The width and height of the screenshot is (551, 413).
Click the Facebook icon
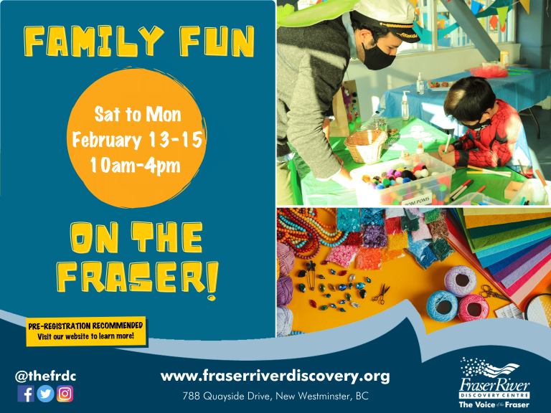click(26, 394)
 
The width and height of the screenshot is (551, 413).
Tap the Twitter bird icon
click(45, 394)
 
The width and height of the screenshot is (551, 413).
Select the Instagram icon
click(65, 394)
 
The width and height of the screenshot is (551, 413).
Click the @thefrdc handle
click(46, 376)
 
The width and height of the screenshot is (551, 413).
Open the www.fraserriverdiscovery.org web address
click(275, 376)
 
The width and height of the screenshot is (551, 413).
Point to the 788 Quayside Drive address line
click(275, 396)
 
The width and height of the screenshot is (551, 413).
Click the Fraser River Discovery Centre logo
click(494, 383)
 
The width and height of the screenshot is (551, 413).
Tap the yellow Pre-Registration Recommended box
click(86, 331)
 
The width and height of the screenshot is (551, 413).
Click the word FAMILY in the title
click(94, 42)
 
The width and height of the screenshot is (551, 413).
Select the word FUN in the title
click(217, 42)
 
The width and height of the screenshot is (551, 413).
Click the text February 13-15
click(138, 139)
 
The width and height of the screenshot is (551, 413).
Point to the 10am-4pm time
click(136, 165)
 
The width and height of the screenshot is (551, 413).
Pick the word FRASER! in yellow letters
click(138, 280)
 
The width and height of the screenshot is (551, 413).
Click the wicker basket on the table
click(365, 146)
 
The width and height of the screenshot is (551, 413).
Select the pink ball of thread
click(473, 308)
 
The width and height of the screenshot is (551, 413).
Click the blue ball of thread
click(442, 305)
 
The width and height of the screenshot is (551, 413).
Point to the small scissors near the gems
click(382, 294)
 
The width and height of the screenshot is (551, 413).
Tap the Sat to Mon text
click(138, 115)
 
